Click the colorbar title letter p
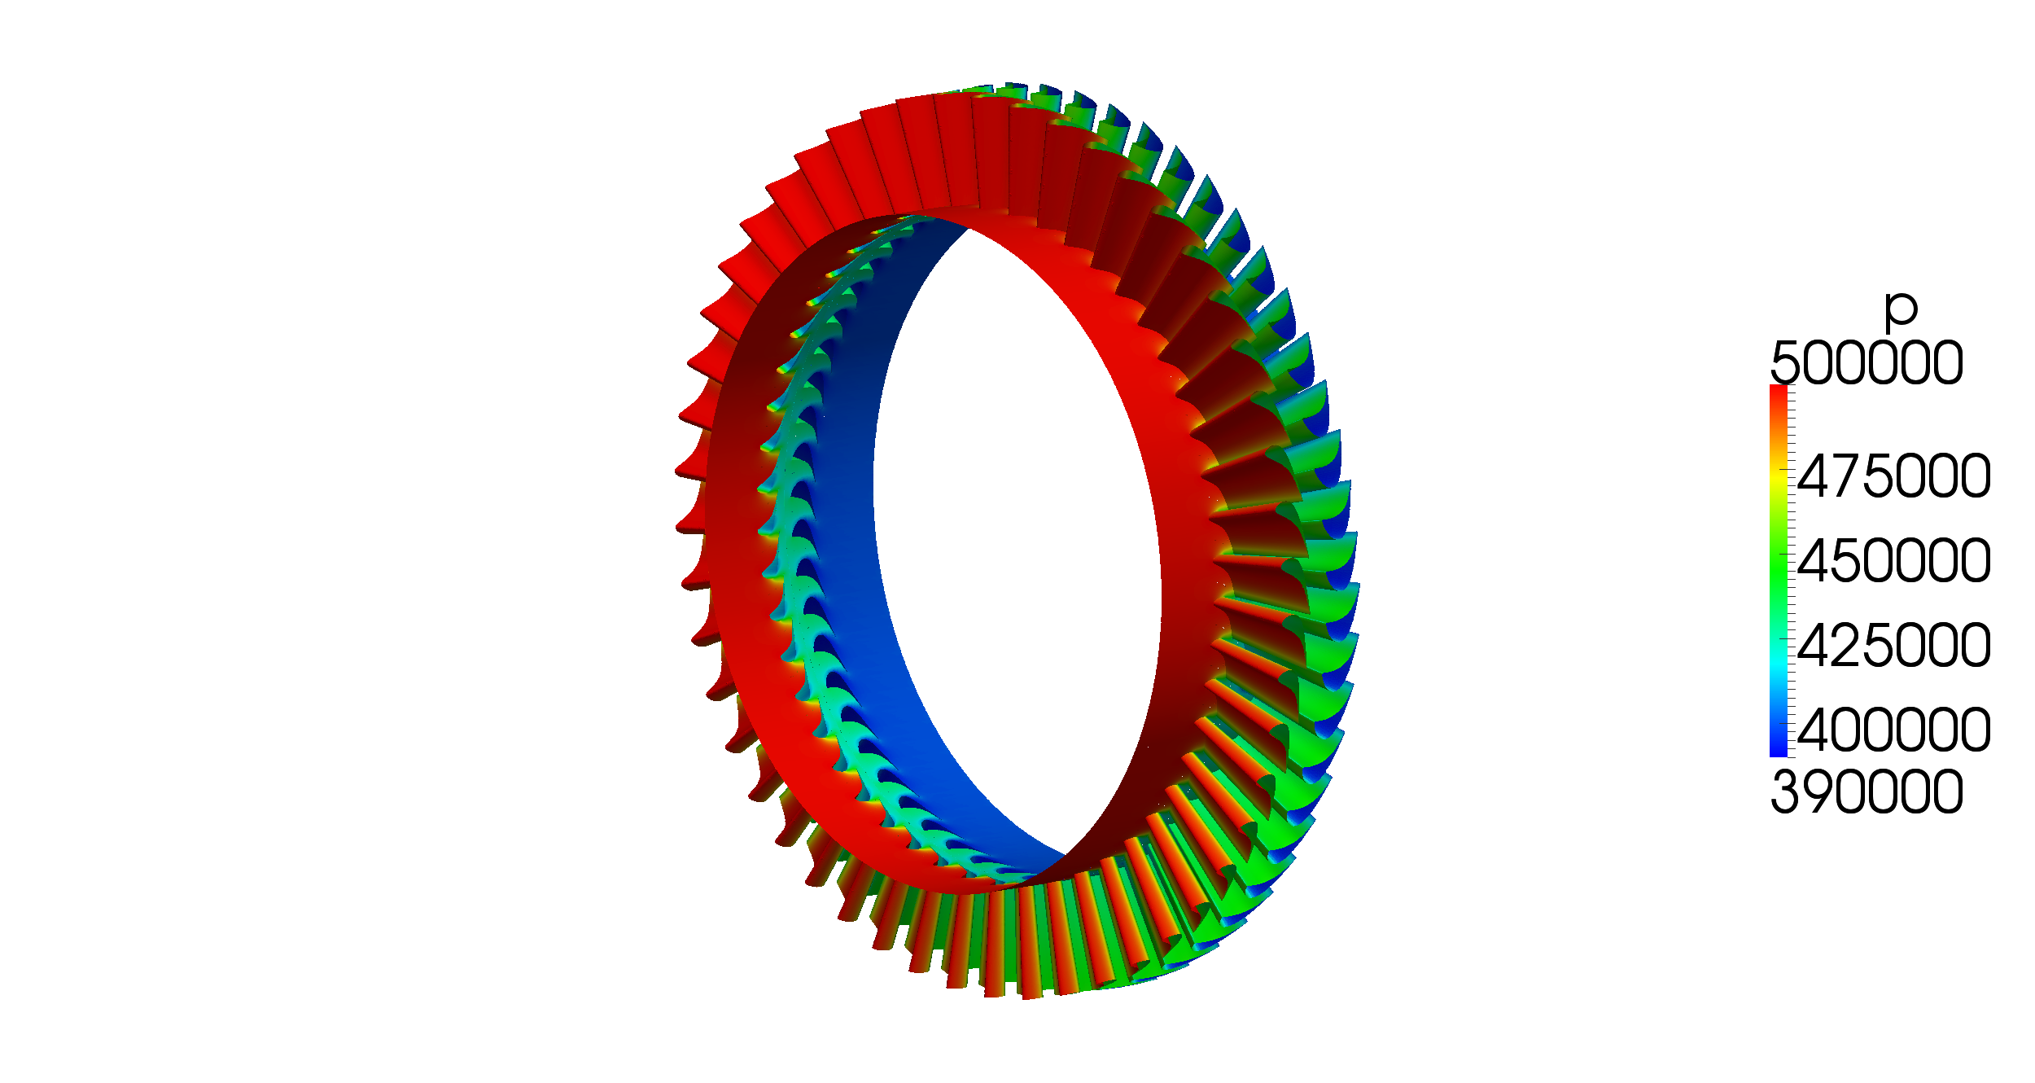click(x=1902, y=310)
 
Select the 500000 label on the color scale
click(x=1867, y=363)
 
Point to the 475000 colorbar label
click(x=1894, y=477)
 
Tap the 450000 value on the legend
click(x=1894, y=562)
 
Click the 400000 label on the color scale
click(x=1894, y=730)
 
